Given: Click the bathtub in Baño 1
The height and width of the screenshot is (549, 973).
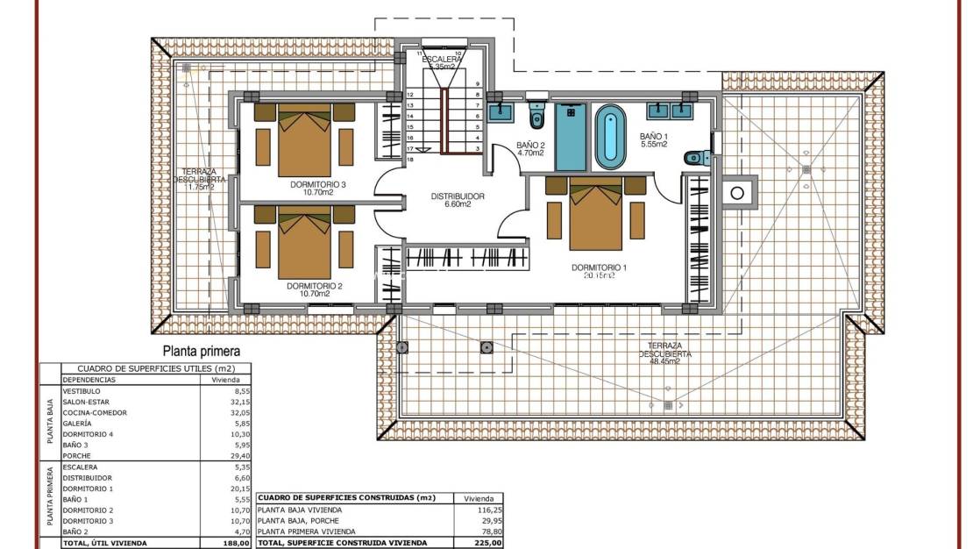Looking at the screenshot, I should click(x=611, y=138).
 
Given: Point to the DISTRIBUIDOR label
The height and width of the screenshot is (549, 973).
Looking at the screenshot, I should click(x=457, y=196).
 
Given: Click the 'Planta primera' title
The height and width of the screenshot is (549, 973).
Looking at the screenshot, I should click(x=201, y=351).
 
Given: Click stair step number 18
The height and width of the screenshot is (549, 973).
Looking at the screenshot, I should click(x=409, y=160).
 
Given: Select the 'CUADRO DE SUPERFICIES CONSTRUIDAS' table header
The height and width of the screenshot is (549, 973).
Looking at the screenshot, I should click(x=347, y=498).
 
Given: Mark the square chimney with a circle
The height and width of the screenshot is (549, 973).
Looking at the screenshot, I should click(x=738, y=193).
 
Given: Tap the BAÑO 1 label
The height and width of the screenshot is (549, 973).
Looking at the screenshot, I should click(x=653, y=136).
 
